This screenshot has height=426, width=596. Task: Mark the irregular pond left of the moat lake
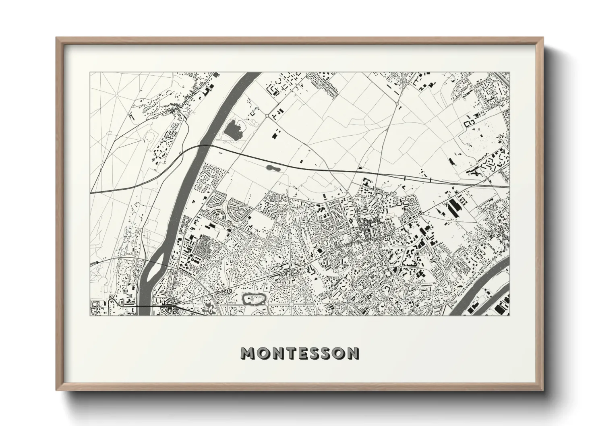pyautogui.click(x=210, y=308)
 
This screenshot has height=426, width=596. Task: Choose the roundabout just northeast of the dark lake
pyautogui.click(x=267, y=116)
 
